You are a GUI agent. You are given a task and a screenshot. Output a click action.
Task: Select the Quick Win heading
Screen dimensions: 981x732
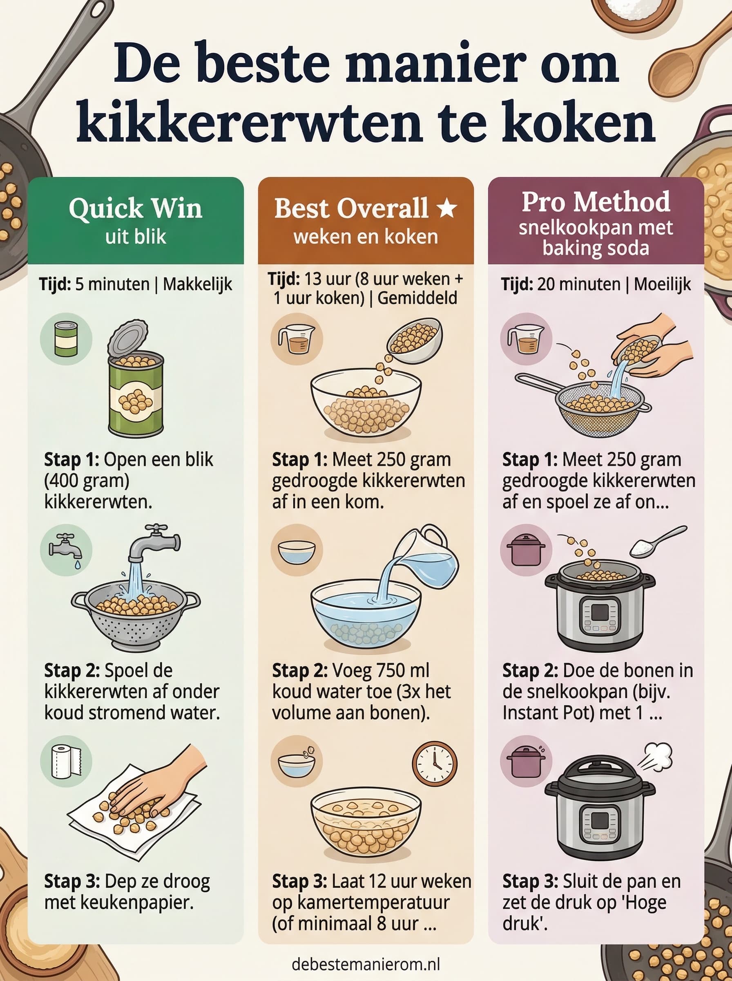(136, 208)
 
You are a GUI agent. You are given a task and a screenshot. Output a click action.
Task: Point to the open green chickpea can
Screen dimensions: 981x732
(135, 386)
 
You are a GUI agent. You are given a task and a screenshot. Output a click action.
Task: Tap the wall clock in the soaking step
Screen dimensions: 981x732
(434, 764)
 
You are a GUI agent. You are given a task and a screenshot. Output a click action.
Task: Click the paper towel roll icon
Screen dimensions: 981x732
(66, 762)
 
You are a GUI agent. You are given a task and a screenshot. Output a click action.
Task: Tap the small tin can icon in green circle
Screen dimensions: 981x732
(66, 339)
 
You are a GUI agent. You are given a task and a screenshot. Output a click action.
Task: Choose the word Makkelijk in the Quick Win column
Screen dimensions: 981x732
(197, 284)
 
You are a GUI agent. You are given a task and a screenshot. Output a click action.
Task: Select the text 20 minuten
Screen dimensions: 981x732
(578, 284)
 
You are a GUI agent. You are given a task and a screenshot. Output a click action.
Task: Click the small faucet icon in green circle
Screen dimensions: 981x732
(66, 550)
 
